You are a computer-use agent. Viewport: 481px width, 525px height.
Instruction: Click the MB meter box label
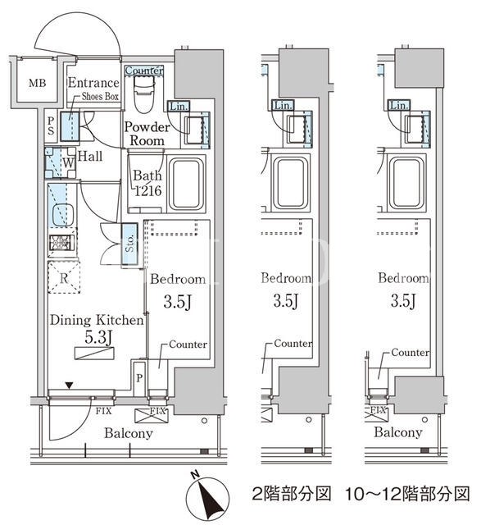pyautogui.click(x=37, y=82)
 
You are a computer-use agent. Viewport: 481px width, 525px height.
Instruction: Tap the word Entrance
pyautogui.click(x=93, y=83)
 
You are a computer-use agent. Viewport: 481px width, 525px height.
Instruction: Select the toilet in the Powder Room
pyautogui.click(x=144, y=94)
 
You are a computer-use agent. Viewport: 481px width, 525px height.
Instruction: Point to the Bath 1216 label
pyautogui.click(x=147, y=183)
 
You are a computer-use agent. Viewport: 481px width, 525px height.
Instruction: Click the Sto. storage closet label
pyautogui.click(x=129, y=244)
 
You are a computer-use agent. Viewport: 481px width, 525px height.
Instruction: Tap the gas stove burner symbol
pyautogui.click(x=60, y=243)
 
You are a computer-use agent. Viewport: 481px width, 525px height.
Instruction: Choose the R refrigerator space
pyautogui.click(x=64, y=277)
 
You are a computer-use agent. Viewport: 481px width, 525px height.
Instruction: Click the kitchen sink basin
pyautogui.click(x=63, y=214)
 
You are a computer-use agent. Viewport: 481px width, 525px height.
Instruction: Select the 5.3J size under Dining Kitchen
pyautogui.click(x=98, y=337)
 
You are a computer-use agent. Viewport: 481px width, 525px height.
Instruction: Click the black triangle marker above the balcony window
pyautogui.click(x=69, y=386)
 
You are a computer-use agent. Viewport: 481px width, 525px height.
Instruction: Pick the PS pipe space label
pyautogui.click(x=51, y=126)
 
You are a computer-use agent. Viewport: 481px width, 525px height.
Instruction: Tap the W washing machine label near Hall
pyautogui.click(x=68, y=163)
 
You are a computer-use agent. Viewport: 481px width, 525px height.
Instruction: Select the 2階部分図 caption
pyautogui.click(x=292, y=494)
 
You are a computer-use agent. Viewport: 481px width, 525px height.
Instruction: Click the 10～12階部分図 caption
pyautogui.click(x=407, y=494)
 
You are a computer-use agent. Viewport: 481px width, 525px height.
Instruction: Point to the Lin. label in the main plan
pyautogui.click(x=179, y=107)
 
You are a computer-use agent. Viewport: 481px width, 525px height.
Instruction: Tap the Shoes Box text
pyautogui.click(x=100, y=97)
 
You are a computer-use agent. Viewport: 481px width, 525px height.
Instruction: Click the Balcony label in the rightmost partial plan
pyautogui.click(x=397, y=432)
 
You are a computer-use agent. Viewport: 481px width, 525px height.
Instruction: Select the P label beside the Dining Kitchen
pyautogui.click(x=139, y=378)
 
